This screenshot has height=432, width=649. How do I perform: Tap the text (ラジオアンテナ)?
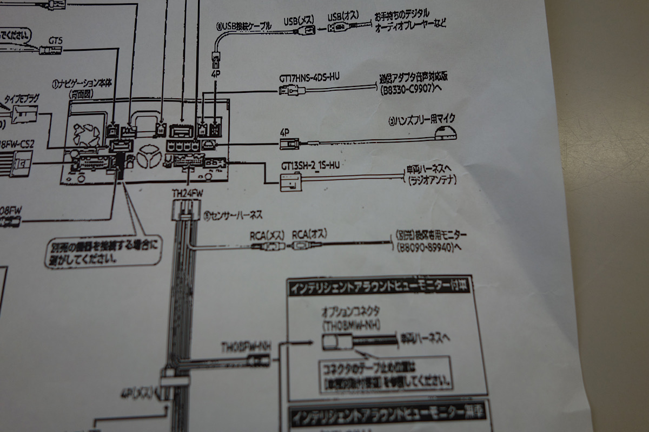point(431,180)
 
